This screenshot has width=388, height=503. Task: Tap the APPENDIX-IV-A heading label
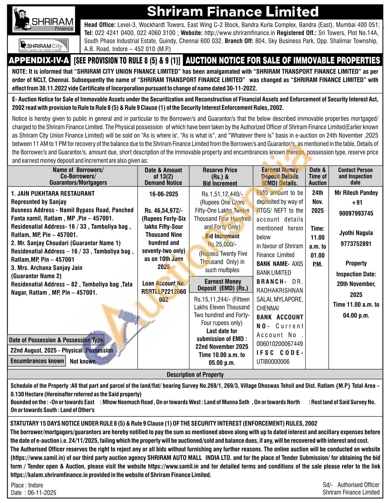39,61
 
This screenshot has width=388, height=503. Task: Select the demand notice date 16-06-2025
164,194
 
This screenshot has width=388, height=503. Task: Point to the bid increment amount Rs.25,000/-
222,244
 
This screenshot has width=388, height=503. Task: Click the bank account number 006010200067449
280,344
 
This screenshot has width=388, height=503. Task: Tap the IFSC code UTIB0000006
273,362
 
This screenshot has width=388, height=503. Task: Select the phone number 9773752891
356,244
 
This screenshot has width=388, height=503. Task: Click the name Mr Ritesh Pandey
356,193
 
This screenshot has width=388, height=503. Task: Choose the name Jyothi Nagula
356,233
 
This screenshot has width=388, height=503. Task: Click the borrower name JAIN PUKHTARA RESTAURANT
56,193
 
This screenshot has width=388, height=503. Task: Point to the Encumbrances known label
37,361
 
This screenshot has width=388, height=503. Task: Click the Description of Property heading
195,374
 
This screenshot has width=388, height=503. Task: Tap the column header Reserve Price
220,170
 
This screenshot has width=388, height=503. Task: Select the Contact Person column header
355,170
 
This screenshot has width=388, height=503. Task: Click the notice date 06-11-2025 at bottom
42,493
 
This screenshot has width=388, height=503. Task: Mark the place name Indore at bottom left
35,485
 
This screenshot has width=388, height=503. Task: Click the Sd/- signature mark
328,485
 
